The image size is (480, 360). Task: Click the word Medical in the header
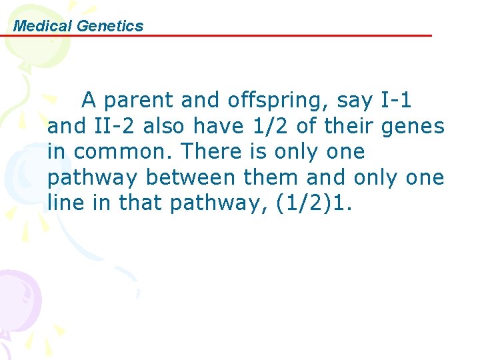point(43,26)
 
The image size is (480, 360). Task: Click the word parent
point(140,101)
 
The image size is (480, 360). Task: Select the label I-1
point(396,101)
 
